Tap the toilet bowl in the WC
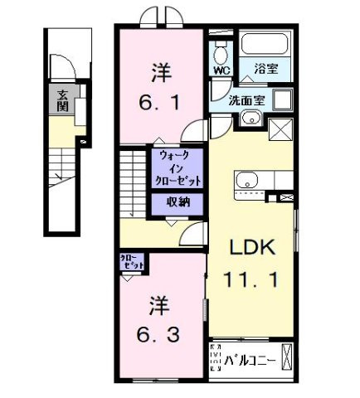[x=220, y=53]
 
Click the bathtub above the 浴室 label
[x=264, y=45]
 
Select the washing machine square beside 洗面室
[x=282, y=101]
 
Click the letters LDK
[x=251, y=247]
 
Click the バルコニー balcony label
[x=248, y=360]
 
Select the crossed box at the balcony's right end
[x=287, y=357]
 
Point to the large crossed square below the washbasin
[x=280, y=130]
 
